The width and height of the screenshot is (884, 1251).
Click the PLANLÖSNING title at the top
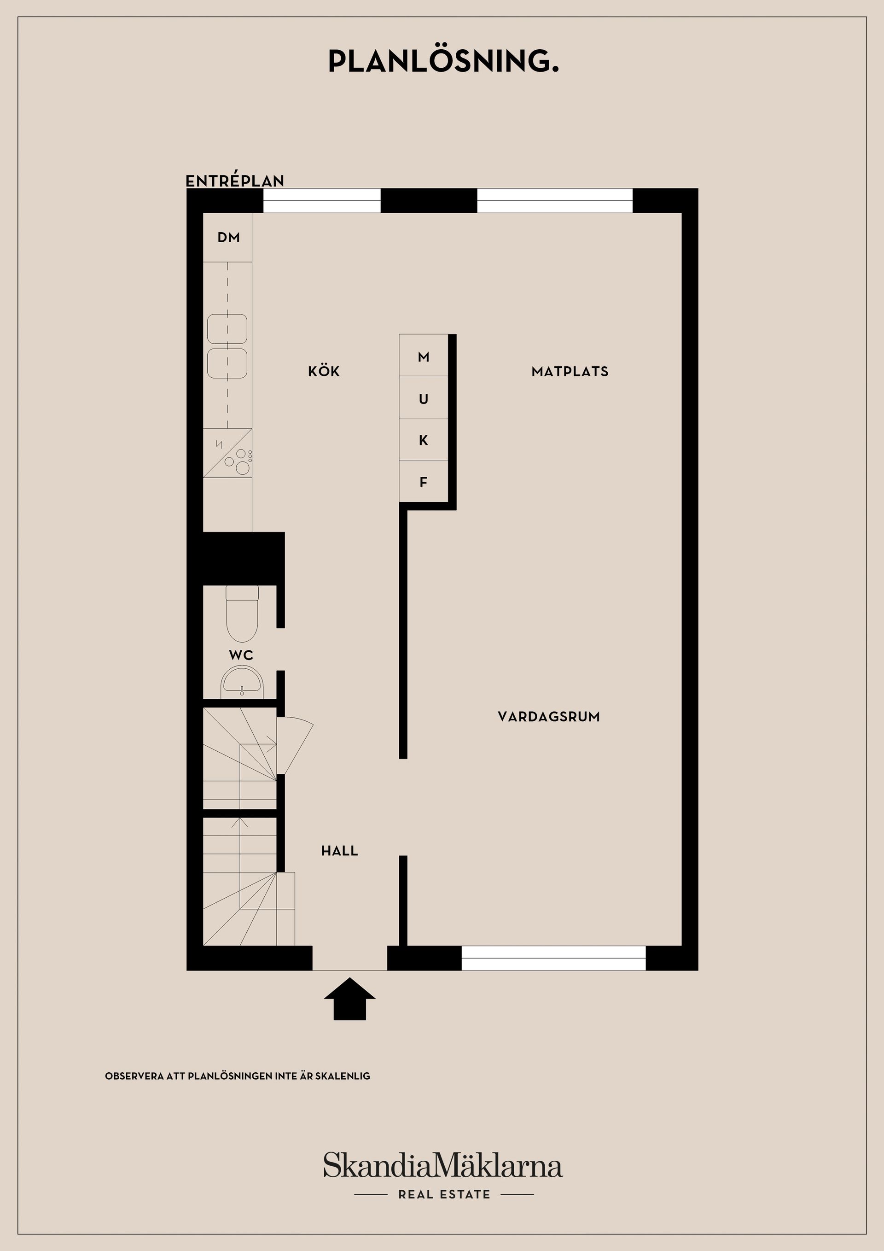(x=443, y=62)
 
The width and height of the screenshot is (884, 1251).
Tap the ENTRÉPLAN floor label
(x=235, y=181)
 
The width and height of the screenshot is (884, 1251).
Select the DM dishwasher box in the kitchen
(x=227, y=238)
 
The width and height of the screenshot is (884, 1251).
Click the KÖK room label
(x=324, y=372)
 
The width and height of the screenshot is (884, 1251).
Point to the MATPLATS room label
(x=570, y=372)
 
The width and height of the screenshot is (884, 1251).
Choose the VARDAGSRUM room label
(x=548, y=717)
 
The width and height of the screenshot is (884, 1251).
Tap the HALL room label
(x=339, y=851)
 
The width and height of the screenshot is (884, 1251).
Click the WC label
(x=241, y=655)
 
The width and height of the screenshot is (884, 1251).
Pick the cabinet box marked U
(x=423, y=398)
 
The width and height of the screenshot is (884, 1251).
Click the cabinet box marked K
(x=423, y=440)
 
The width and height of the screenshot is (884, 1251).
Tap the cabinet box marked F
(x=423, y=482)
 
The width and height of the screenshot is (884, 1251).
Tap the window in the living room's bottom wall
(x=553, y=958)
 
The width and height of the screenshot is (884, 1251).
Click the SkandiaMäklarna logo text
(x=443, y=1167)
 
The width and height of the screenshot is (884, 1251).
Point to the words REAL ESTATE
(x=444, y=1194)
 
